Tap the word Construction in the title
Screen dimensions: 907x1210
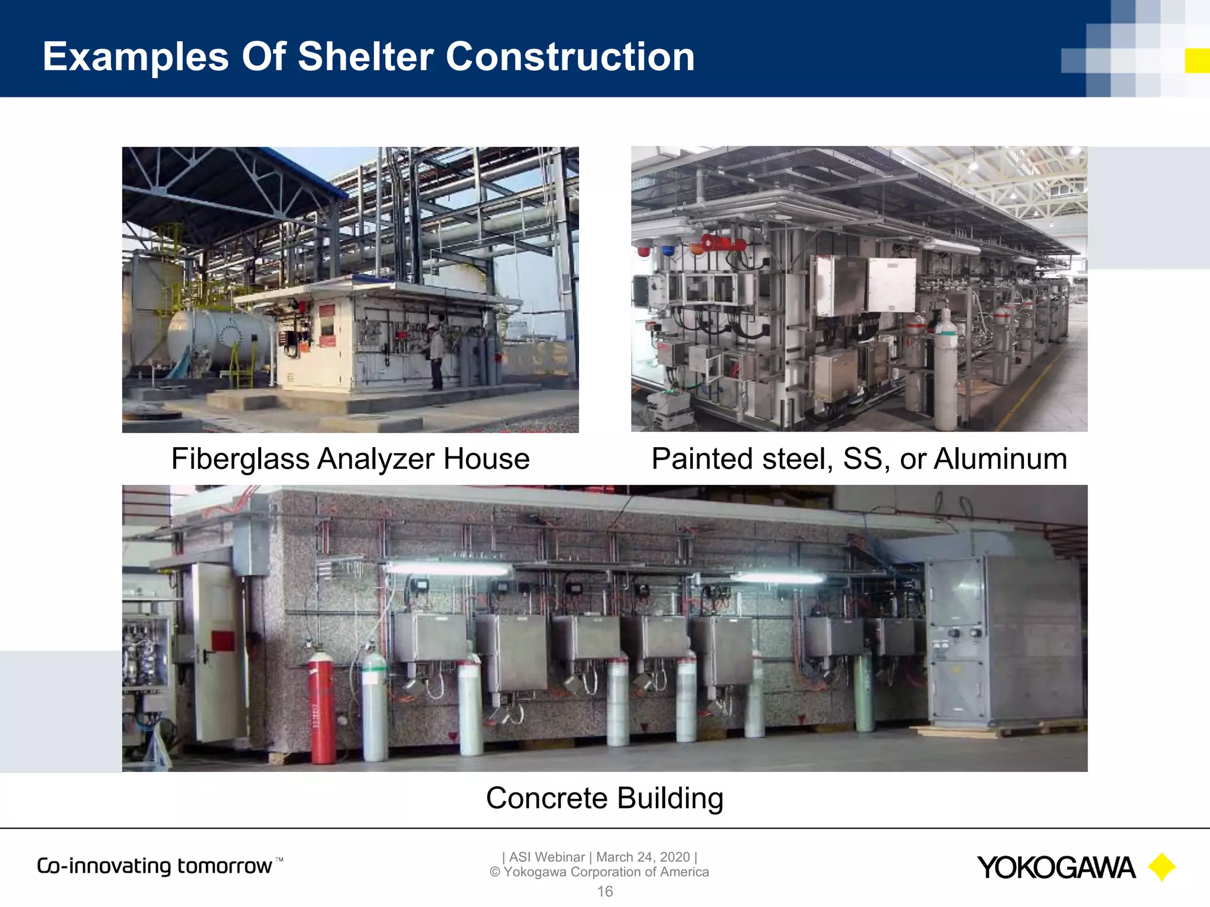click(x=570, y=57)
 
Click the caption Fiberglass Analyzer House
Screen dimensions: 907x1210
click(x=350, y=459)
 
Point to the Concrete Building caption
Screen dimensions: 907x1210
click(x=604, y=798)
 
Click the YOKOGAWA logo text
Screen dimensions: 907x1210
click(x=1056, y=868)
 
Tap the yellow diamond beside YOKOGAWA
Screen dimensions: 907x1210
click(x=1161, y=867)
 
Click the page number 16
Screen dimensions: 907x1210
click(x=604, y=892)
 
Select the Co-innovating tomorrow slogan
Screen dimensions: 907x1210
click(x=155, y=866)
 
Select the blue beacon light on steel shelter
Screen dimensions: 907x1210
click(x=668, y=250)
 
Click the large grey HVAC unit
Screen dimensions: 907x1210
click(x=1004, y=641)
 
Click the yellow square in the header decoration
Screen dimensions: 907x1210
click(x=1197, y=61)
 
